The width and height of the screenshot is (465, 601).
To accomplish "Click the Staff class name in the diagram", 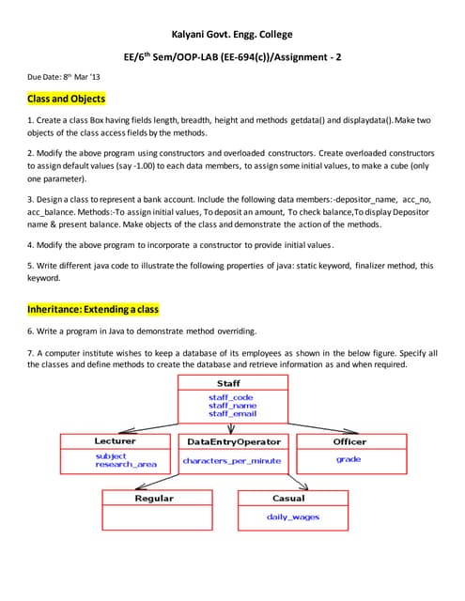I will click(x=228, y=383).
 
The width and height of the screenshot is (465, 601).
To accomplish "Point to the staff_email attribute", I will click(x=232, y=413).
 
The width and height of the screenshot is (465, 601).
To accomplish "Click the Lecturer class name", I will click(x=115, y=440).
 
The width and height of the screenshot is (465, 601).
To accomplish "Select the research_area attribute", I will click(x=126, y=464).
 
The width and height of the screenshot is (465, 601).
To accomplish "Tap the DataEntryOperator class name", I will click(x=234, y=441).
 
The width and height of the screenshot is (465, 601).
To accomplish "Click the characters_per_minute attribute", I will click(x=232, y=460).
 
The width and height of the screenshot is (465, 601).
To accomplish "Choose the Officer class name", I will click(x=349, y=440).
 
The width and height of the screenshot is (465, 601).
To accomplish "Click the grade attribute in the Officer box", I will click(x=349, y=459).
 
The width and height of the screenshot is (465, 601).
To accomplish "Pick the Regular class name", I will click(x=154, y=498).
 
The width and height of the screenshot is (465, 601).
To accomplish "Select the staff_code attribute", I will click(x=230, y=397).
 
